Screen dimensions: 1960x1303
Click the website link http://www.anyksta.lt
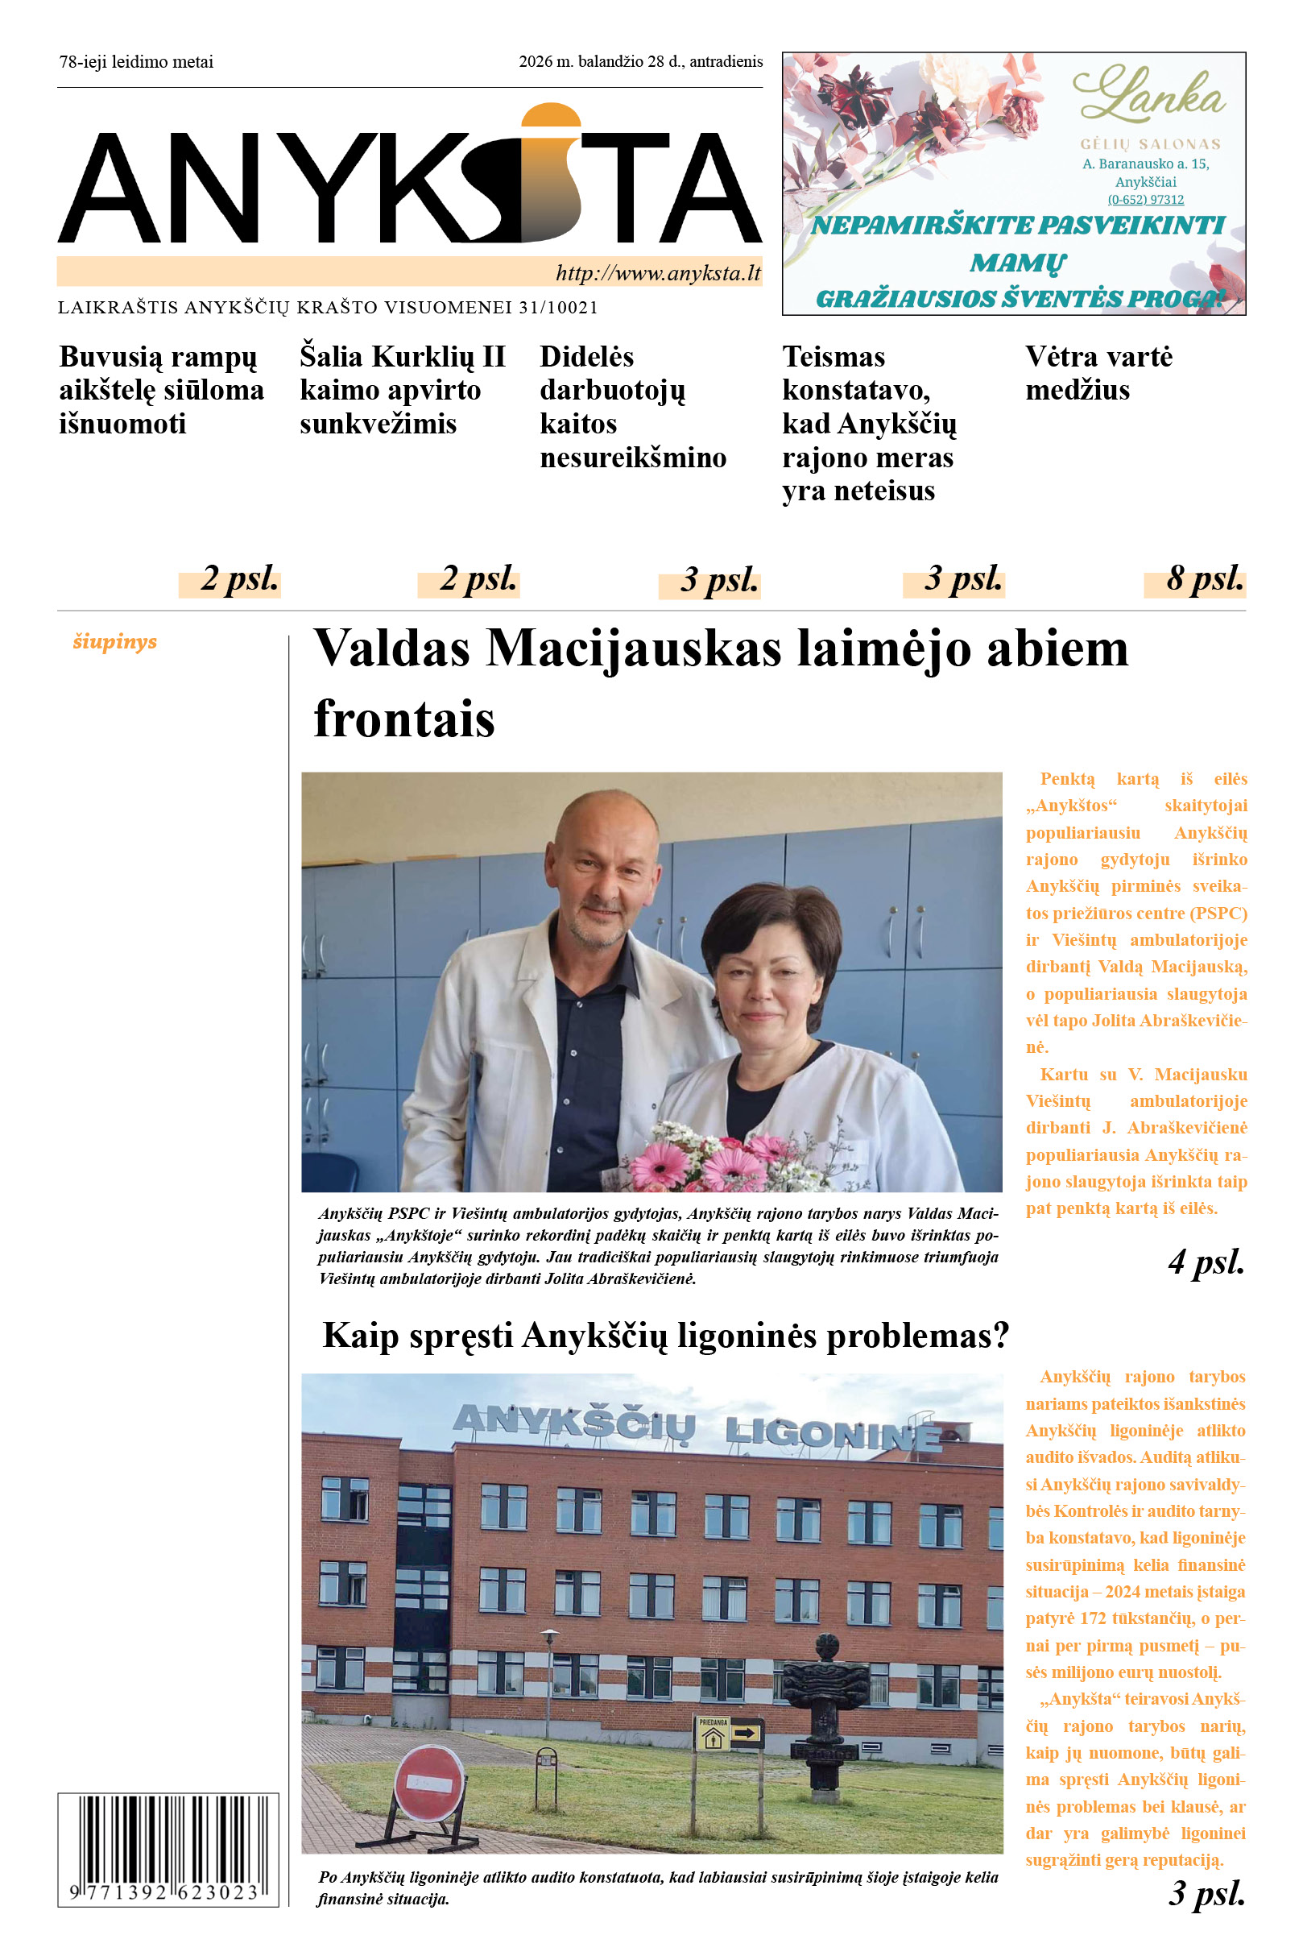(x=657, y=272)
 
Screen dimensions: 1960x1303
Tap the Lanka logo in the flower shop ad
(x=1148, y=97)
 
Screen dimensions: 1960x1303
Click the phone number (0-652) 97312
(x=1145, y=200)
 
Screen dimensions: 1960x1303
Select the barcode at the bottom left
(x=168, y=1849)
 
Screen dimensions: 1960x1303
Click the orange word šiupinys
(x=114, y=642)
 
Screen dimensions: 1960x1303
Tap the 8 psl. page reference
(x=1204, y=578)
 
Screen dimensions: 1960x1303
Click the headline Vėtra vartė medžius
(x=1098, y=373)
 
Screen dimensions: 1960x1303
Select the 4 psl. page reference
(x=1206, y=1262)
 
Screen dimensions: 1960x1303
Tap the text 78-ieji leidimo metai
(x=136, y=61)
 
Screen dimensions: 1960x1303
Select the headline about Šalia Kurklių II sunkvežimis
(x=402, y=390)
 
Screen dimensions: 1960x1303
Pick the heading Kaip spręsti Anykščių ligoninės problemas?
(x=665, y=1336)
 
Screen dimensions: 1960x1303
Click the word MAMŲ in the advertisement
(x=1017, y=263)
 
